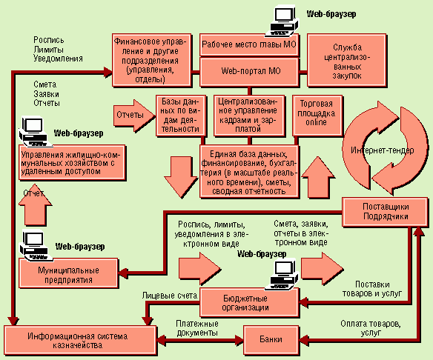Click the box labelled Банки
pyautogui.click(x=271, y=340)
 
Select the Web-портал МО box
pyautogui.click(x=250, y=72)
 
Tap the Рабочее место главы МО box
pyautogui.click(x=249, y=44)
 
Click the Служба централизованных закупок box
pyautogui.click(x=347, y=61)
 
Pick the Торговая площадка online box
pyautogui.click(x=317, y=116)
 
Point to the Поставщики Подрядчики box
pyautogui.click(x=386, y=212)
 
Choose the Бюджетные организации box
pyautogui.click(x=250, y=303)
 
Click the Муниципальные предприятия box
pyautogui.click(x=69, y=273)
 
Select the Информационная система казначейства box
pyautogui.click(x=80, y=340)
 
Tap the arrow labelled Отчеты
pyautogui.click(x=134, y=116)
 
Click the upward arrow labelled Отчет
pyautogui.click(x=36, y=204)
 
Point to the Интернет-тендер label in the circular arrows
pyautogui.click(x=383, y=150)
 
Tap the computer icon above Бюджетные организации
pyautogui.click(x=282, y=275)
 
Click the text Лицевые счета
pyautogui.click(x=170, y=296)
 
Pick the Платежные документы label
pyautogui.click(x=197, y=328)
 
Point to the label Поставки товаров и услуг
pyautogui.click(x=372, y=289)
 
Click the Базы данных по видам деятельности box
pyautogui.click(x=181, y=116)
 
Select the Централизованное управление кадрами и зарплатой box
pyautogui.click(x=249, y=116)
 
